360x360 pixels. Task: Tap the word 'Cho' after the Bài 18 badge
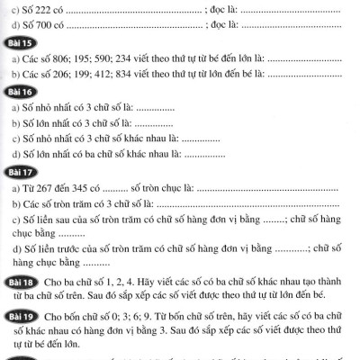49,284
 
